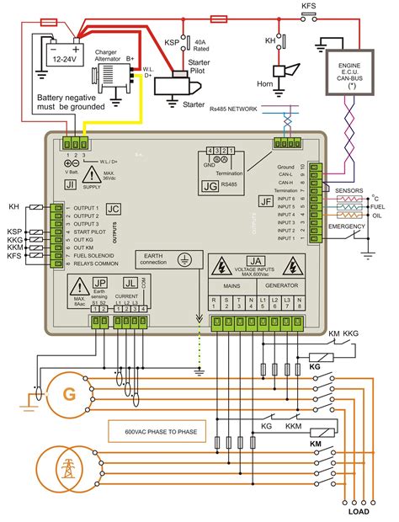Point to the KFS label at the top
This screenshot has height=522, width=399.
point(310,6)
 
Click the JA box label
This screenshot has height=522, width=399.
point(258,263)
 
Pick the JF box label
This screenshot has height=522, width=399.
point(265,202)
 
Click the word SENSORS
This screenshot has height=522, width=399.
point(348,190)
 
